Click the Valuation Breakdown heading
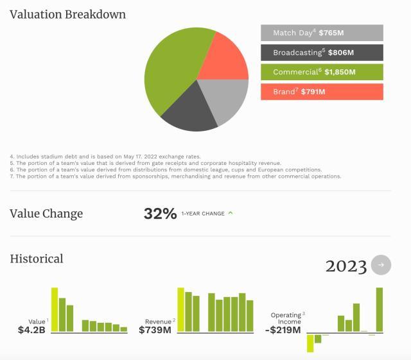67,14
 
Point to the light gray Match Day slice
228,99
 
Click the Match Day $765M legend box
322,33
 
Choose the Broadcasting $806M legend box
322,52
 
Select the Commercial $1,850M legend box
322,72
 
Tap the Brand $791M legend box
322,92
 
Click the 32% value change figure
160,214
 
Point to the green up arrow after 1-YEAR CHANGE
231,213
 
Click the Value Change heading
46,214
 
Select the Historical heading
37,259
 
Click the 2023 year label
346,266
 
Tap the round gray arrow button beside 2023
381,265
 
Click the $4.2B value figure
31,330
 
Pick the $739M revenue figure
155,330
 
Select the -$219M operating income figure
283,330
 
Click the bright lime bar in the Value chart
55,310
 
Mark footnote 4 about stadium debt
105,157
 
